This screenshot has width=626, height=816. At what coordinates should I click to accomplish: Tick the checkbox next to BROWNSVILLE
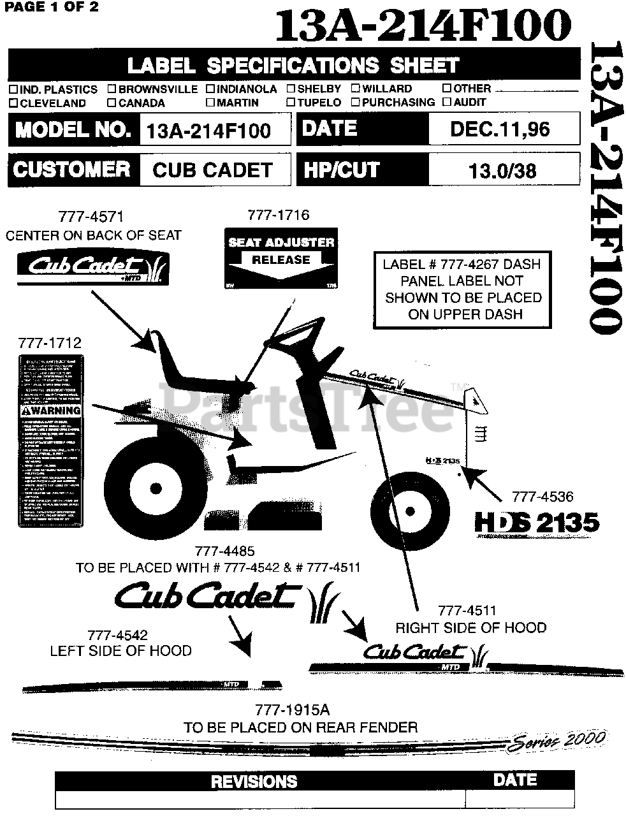[x=112, y=89]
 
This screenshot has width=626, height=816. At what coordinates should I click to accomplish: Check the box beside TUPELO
[x=291, y=103]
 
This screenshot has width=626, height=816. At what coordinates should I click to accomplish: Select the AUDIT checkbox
[x=448, y=102]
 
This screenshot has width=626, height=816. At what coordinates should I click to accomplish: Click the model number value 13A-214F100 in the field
[x=208, y=131]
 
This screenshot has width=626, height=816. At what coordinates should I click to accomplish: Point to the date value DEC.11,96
[x=500, y=129]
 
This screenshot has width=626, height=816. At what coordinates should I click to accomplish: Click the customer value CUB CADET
[x=212, y=170]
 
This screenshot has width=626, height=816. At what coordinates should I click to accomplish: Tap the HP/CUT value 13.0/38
[x=502, y=170]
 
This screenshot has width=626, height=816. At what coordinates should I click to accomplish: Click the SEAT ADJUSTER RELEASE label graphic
[x=281, y=257]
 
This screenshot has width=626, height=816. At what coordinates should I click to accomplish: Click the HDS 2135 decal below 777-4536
[x=537, y=523]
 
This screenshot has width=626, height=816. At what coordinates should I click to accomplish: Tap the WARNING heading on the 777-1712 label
[x=51, y=411]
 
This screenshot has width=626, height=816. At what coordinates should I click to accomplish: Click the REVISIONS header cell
[x=254, y=781]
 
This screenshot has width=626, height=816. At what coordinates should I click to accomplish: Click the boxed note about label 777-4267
[x=462, y=289]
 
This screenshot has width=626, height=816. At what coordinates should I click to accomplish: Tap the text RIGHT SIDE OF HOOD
[x=471, y=628]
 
